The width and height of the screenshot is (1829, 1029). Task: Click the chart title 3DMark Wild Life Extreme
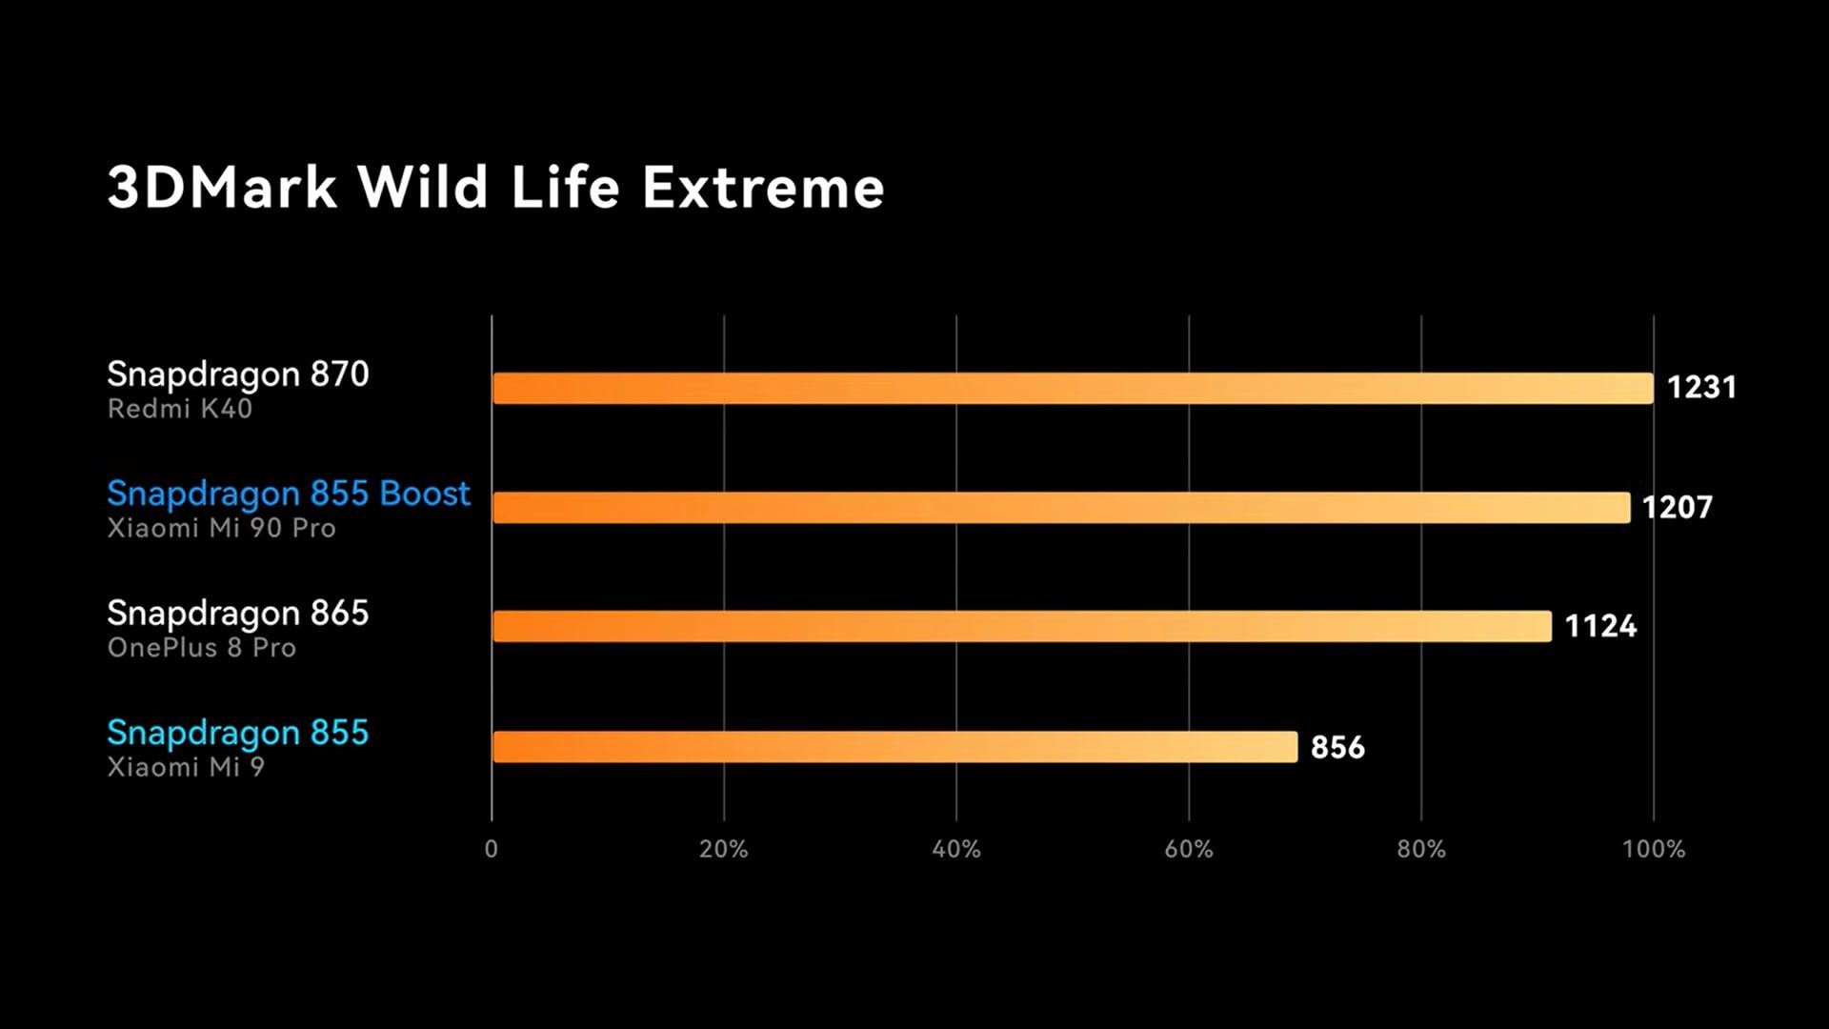495,187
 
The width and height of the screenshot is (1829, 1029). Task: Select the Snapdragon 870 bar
1073,389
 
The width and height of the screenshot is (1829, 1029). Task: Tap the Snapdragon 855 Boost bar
1061,508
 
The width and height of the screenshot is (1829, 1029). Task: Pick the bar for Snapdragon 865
1021,627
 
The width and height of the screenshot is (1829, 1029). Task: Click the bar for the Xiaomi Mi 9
894,747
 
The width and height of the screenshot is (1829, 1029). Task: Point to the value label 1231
1701,388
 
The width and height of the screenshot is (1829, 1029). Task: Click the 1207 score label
1677,508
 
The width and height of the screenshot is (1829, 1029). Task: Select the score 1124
1600,627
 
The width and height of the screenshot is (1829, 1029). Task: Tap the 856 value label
1337,747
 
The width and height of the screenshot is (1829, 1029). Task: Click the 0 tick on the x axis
492,849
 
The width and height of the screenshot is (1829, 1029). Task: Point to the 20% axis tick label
724,849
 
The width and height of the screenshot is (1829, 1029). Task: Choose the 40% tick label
956,849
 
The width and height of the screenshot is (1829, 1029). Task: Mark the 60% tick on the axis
1189,849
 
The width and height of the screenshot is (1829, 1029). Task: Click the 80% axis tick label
1421,849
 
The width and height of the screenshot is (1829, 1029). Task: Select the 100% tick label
1654,849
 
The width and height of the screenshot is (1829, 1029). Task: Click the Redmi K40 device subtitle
180,409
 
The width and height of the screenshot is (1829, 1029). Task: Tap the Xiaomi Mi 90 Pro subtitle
221,528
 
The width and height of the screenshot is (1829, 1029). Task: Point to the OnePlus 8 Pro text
202,648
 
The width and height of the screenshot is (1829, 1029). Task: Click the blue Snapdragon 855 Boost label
289,494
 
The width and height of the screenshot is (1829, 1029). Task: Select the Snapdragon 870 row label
238,374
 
